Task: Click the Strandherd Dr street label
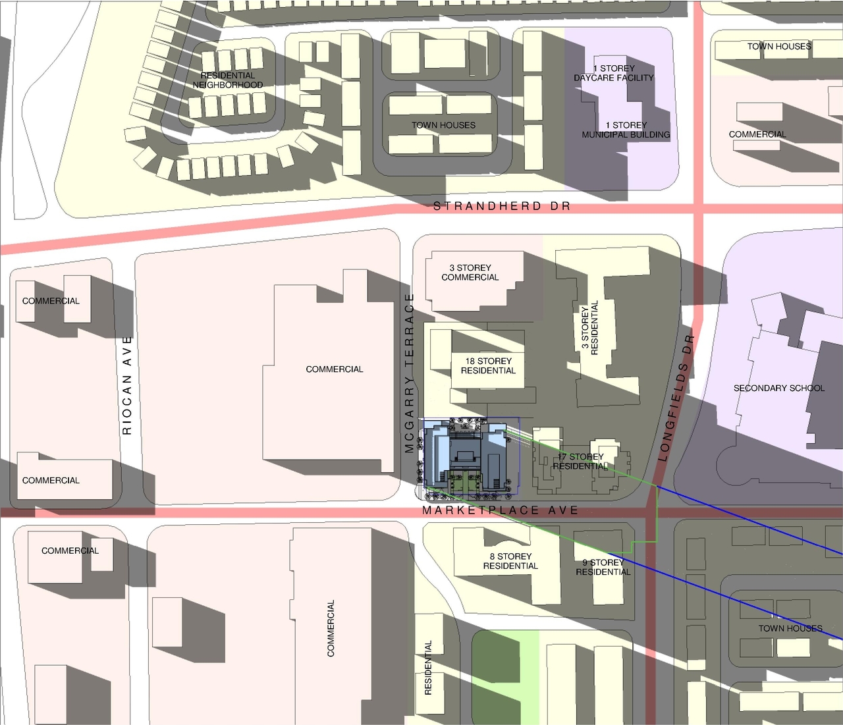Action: pos(502,206)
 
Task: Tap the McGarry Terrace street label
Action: pos(410,373)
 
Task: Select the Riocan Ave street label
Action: pos(127,385)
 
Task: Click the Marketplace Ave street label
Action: pos(501,510)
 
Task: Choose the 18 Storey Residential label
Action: pos(488,366)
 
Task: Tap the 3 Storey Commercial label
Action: pos(470,273)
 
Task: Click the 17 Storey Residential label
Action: pos(580,461)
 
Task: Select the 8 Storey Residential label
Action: pos(510,561)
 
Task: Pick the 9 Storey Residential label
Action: pos(603,567)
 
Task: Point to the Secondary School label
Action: pos(778,389)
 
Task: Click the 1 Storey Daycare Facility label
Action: pos(614,73)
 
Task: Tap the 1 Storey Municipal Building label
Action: pos(626,130)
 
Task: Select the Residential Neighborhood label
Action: pos(228,80)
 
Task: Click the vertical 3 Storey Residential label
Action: pos(589,328)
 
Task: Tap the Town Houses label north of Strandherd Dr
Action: pos(443,125)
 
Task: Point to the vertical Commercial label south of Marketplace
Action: pos(331,628)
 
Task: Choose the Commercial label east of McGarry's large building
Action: pos(335,369)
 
